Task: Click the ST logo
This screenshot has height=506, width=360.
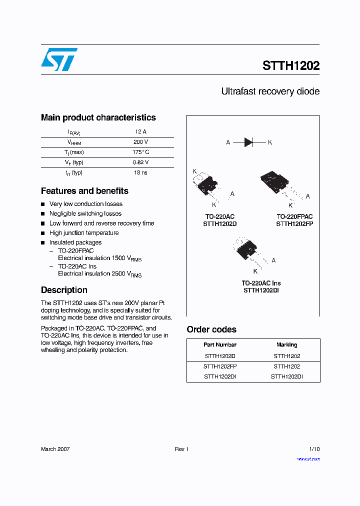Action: (59, 59)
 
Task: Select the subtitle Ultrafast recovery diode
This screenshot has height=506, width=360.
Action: (270, 91)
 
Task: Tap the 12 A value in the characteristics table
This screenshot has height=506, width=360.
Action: (140, 132)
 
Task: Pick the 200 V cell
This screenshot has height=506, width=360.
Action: (140, 142)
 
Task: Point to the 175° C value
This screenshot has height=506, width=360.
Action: (140, 152)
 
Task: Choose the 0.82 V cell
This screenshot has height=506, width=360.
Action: (140, 162)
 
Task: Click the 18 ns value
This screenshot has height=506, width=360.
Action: (140, 172)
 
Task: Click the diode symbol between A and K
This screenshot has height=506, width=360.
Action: (249, 142)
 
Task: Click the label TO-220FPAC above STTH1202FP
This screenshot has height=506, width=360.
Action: (294, 216)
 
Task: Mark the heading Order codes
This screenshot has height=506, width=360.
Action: (211, 329)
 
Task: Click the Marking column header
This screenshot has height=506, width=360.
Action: (286, 345)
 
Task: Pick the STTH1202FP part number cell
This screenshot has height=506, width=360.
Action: (220, 366)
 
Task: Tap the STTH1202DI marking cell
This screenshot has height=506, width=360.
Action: (286, 376)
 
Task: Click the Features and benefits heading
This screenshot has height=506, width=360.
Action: (84, 191)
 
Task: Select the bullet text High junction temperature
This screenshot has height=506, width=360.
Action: (84, 233)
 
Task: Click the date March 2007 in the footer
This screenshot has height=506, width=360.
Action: (55, 449)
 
